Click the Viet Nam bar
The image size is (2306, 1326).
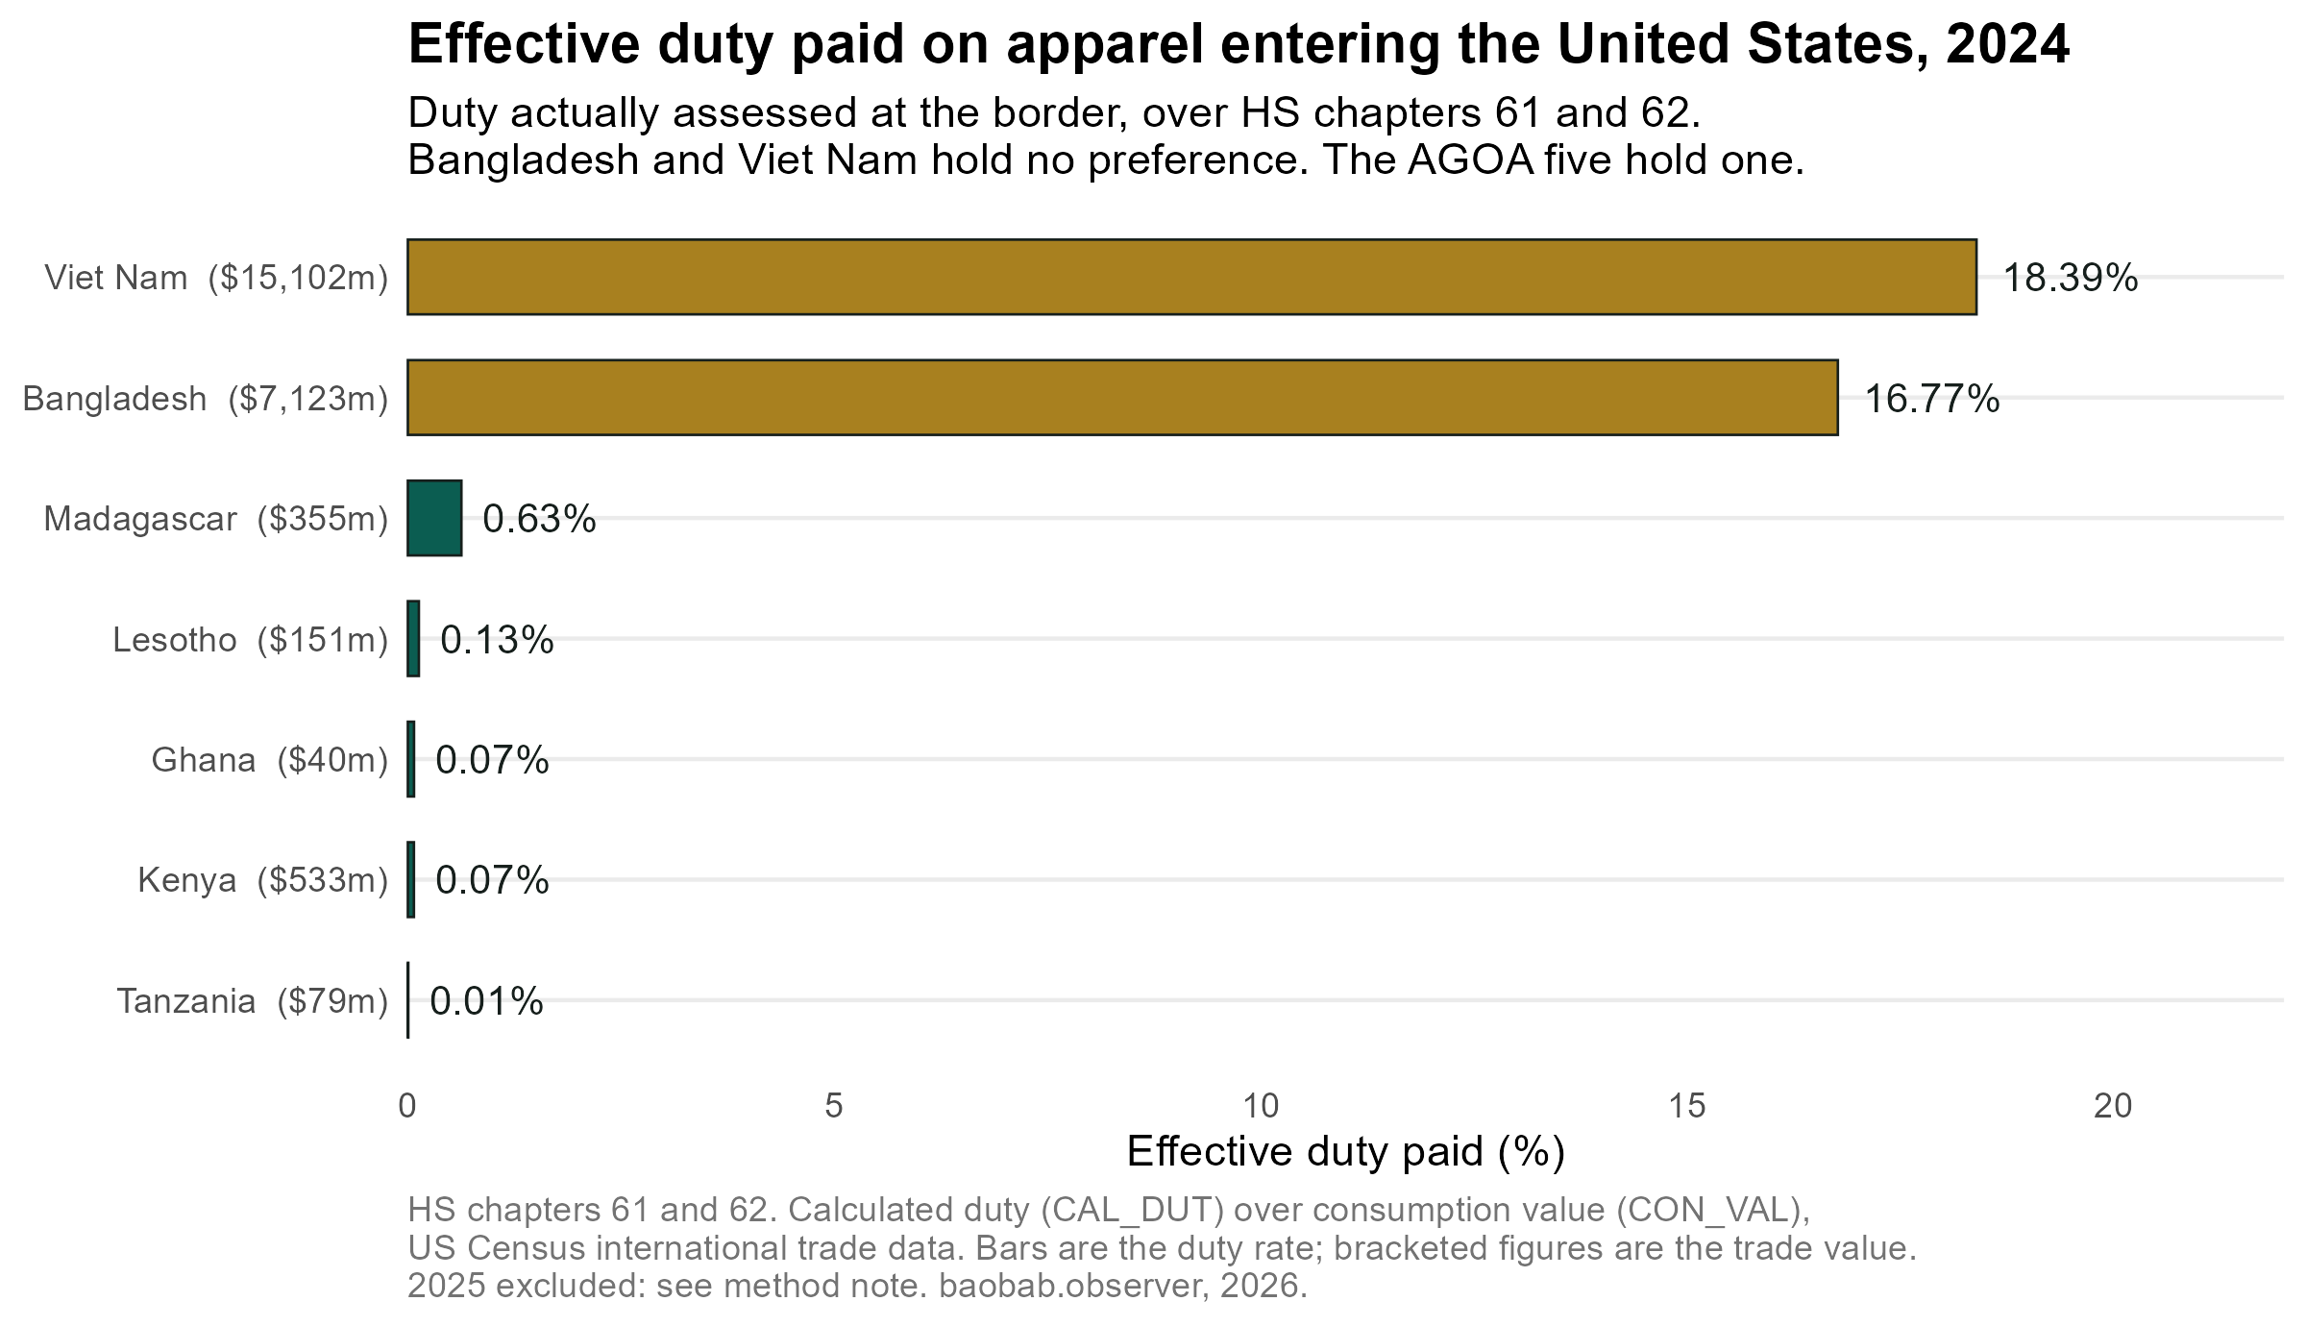[1191, 277]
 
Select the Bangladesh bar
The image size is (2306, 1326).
[1122, 398]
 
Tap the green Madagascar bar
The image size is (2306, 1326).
[434, 518]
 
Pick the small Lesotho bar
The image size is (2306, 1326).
[413, 639]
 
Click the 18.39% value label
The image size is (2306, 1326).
[2071, 278]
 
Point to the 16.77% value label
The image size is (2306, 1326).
[1932, 399]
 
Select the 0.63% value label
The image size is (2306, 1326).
[539, 519]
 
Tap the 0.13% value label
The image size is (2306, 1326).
[497, 640]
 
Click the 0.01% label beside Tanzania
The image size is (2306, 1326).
[486, 1002]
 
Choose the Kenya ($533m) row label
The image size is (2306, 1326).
[263, 880]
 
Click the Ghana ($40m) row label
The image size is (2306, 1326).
[270, 760]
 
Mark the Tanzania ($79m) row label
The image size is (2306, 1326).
[253, 1001]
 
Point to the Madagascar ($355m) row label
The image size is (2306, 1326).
[216, 519]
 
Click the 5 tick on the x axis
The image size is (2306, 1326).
[834, 1106]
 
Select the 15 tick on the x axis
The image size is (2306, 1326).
[1687, 1106]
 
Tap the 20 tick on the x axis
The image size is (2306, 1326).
[2114, 1106]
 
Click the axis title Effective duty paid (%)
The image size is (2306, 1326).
[1345, 1152]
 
